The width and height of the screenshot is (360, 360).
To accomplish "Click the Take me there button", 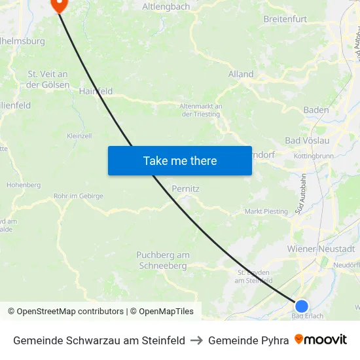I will tap(180, 160).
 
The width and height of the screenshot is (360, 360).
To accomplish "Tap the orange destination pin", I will tap(59, 5).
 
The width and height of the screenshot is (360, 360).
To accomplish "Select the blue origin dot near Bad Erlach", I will tap(301, 306).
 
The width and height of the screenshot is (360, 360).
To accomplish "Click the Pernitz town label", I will tap(185, 189).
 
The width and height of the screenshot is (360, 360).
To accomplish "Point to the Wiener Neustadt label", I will tap(321, 249).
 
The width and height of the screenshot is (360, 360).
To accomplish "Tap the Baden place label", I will tap(316, 110).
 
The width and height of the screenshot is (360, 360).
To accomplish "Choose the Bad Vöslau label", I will tap(307, 141).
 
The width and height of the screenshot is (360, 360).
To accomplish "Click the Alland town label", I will tap(241, 74).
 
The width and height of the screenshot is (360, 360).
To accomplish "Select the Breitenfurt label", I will tap(285, 19).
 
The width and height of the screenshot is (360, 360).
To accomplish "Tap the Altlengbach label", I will tap(166, 7).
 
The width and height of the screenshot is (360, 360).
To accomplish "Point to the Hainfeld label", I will tap(96, 92).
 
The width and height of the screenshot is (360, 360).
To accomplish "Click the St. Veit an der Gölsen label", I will tap(48, 79).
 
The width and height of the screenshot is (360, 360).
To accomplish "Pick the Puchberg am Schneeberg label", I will tap(163, 261).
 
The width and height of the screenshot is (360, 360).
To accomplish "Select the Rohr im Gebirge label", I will tap(78, 196).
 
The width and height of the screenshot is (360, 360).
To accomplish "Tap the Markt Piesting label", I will tap(266, 211).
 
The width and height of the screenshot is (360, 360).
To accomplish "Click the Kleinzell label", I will tap(79, 136).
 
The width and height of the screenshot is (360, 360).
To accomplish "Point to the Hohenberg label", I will tap(24, 185).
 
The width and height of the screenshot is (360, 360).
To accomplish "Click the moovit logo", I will tap(321, 340).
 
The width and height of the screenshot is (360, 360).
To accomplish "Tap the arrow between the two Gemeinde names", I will tap(196, 340).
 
